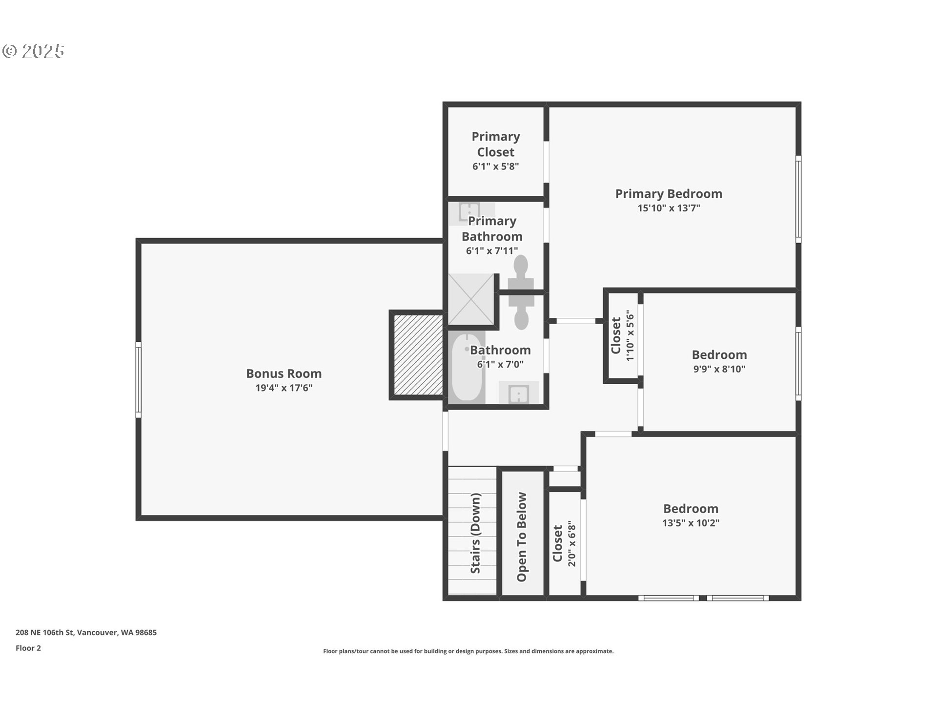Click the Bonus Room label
284,373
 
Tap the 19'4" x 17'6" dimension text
284,388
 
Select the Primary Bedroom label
668,194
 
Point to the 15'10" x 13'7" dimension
668,208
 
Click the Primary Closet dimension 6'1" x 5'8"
495,166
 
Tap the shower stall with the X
471,299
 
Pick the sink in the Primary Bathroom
469,212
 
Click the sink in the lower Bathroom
518,393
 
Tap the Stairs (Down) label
475,533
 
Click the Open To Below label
522,537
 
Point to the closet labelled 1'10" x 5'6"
622,335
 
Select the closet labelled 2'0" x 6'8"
564,544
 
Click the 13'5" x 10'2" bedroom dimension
690,523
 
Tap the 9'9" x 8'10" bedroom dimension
719,369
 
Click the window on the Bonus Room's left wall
139,379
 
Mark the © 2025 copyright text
33,51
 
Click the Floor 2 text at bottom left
28,648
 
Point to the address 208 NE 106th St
86,632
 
